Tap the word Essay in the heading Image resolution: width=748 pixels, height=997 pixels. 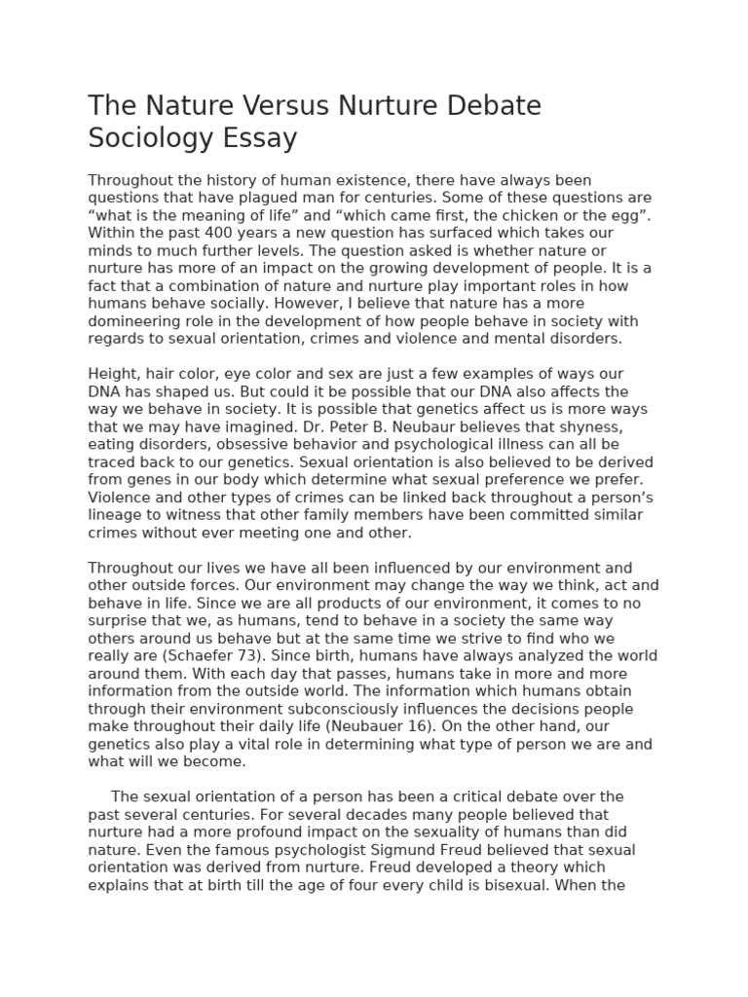256,138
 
